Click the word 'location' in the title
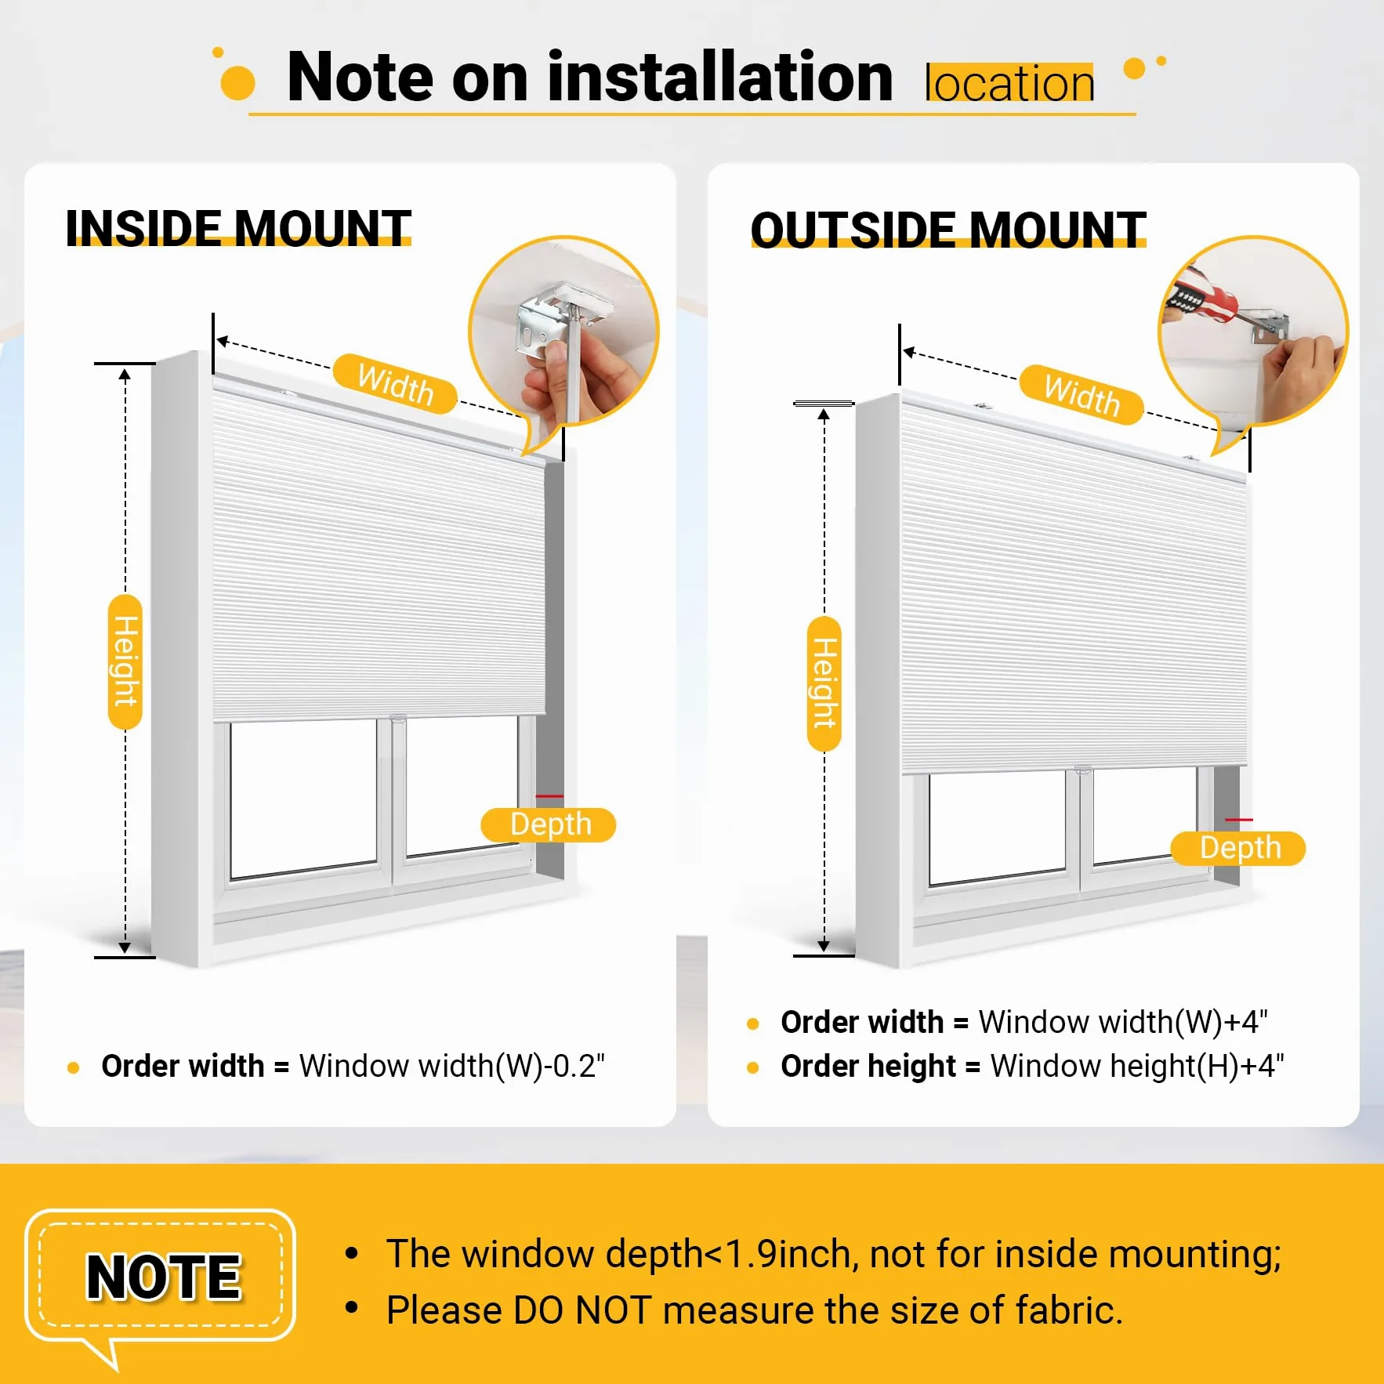click(1009, 83)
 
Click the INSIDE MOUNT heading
click(238, 228)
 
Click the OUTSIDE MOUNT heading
click(948, 230)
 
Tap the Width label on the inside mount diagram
click(395, 383)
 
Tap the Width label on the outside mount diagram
click(1081, 394)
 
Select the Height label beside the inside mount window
click(125, 661)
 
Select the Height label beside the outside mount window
click(824, 683)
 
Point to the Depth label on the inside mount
click(549, 824)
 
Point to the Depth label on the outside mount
click(1238, 848)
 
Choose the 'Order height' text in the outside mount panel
click(868, 1066)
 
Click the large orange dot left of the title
click(237, 82)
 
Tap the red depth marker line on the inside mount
click(549, 796)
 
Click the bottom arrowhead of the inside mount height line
click(125, 947)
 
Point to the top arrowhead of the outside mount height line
click(824, 415)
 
